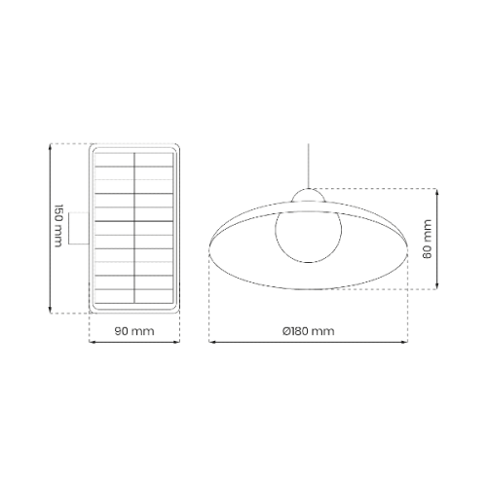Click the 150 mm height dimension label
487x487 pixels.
pyautogui.click(x=58, y=226)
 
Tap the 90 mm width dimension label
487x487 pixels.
pyautogui.click(x=134, y=331)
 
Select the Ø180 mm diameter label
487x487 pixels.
pyautogui.click(x=308, y=331)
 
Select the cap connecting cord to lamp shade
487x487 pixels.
pyautogui.click(x=308, y=196)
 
